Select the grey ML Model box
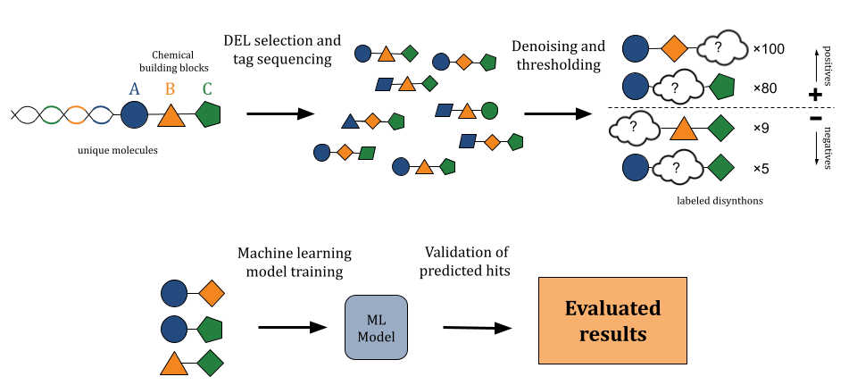(x=376, y=328)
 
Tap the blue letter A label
(x=135, y=89)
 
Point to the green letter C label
(x=207, y=89)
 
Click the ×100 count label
(x=769, y=48)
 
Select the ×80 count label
(x=765, y=88)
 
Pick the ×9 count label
(x=761, y=128)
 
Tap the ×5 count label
(x=761, y=168)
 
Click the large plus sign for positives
(x=814, y=94)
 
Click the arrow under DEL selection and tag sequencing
(x=280, y=113)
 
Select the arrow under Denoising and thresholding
(x=558, y=113)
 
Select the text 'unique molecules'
(x=118, y=151)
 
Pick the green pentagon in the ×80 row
(x=721, y=88)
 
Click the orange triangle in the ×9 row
(x=683, y=128)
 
